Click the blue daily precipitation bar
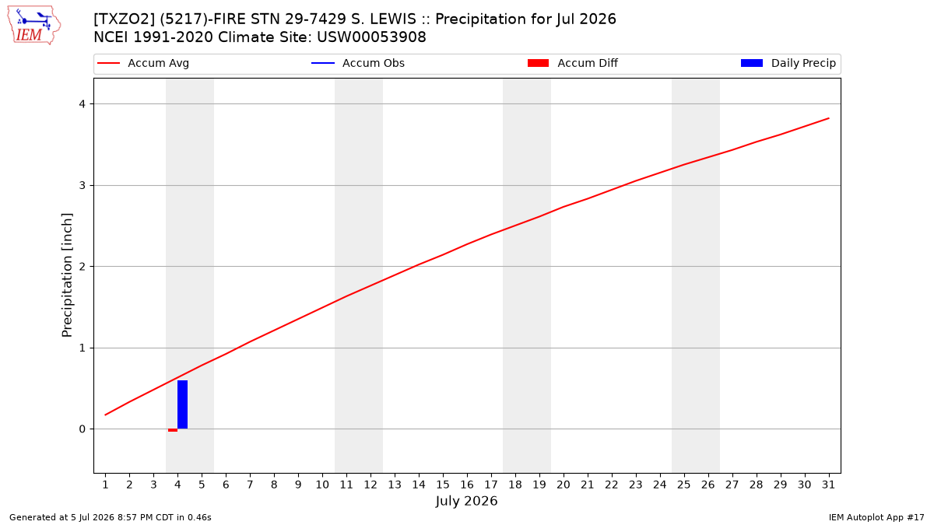[x=182, y=404]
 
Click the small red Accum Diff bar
[x=173, y=430]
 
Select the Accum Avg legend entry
[x=143, y=63]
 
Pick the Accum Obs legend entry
[x=358, y=63]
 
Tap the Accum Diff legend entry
[x=573, y=63]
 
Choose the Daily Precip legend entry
[x=788, y=63]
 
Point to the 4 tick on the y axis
[x=83, y=103]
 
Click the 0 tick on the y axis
[x=83, y=429]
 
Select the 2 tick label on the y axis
[x=83, y=266]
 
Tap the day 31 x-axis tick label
[x=828, y=485]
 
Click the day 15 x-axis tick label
[x=443, y=485]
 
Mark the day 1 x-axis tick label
[x=106, y=485]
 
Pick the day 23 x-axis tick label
[x=635, y=485]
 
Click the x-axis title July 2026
[x=466, y=501]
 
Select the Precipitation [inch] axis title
[x=67, y=275]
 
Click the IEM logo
[x=33, y=26]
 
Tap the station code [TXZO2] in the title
[x=125, y=19]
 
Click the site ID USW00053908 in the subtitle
[x=371, y=37]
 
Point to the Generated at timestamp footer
[x=110, y=517]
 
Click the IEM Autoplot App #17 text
[x=876, y=517]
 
